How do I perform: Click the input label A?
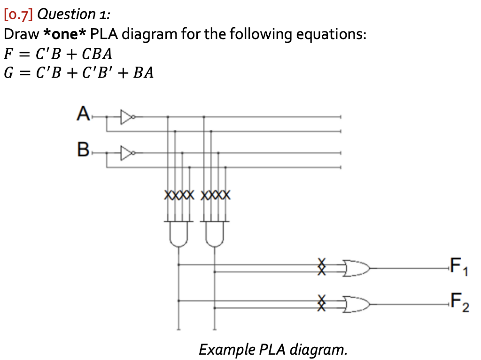point(83,114)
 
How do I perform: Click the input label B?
point(83,150)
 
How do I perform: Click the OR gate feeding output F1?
point(356,268)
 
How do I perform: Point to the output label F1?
point(458,268)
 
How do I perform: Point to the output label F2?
point(458,304)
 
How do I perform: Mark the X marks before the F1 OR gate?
point(322,266)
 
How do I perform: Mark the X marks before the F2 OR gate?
point(322,302)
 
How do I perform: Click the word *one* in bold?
point(67,34)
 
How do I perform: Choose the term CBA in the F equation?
point(97,55)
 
